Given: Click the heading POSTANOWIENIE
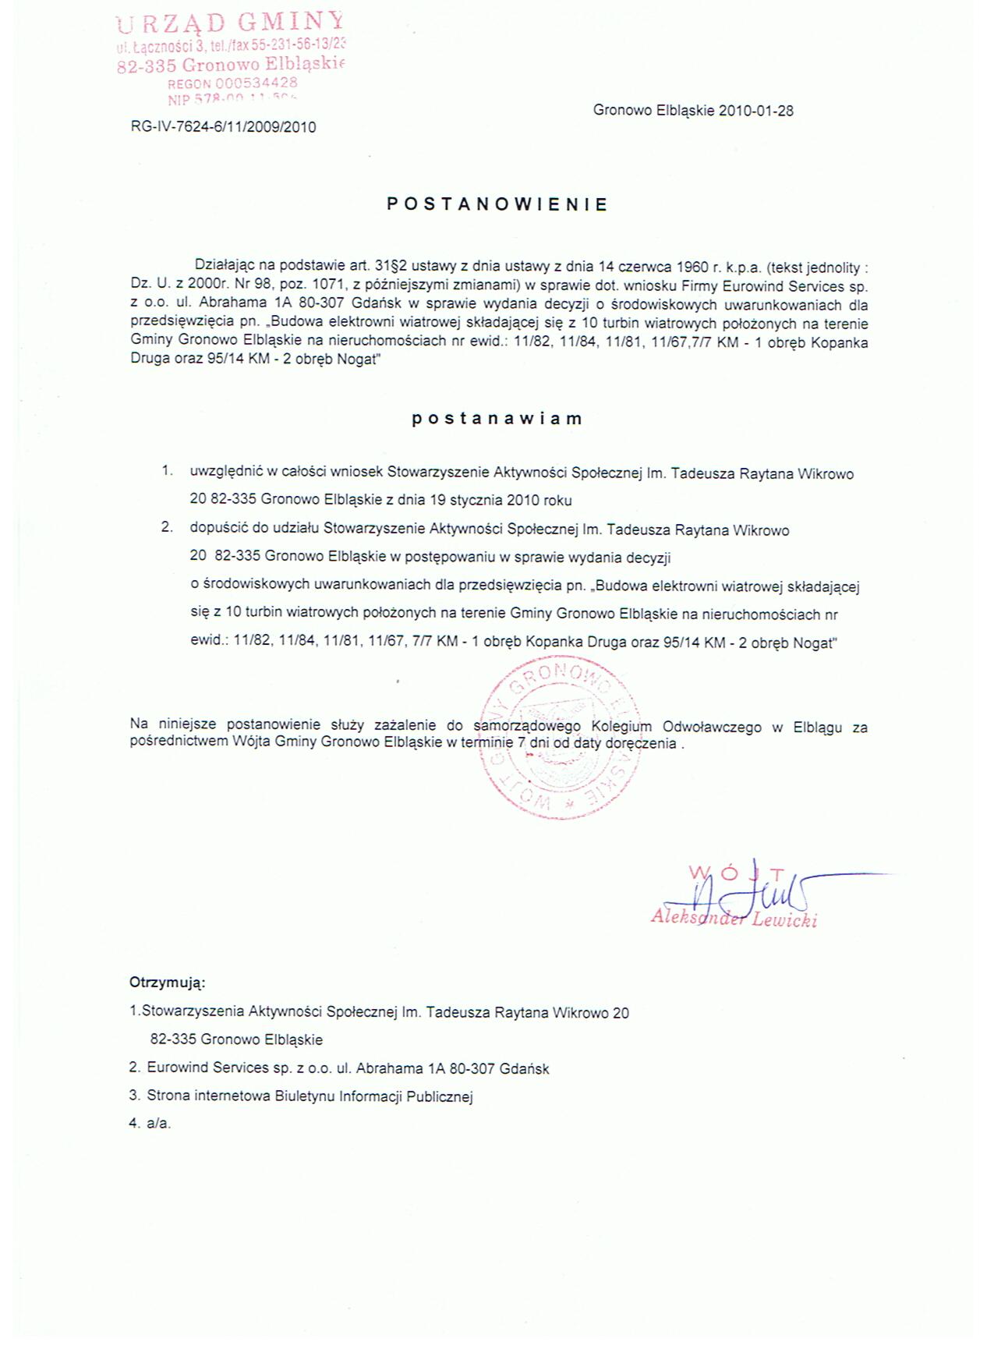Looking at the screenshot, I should (x=497, y=204).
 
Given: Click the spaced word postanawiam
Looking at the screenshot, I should (x=497, y=418).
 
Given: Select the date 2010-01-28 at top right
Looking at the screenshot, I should (x=756, y=111).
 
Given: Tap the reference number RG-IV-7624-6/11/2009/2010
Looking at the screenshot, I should (x=224, y=127).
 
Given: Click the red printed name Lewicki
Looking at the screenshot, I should (x=784, y=921).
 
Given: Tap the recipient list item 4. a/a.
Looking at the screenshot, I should (x=150, y=1124).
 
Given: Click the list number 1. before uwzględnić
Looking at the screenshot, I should (x=167, y=471).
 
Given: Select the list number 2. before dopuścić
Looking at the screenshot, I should (x=167, y=527).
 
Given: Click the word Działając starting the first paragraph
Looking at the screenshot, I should (x=225, y=267).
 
